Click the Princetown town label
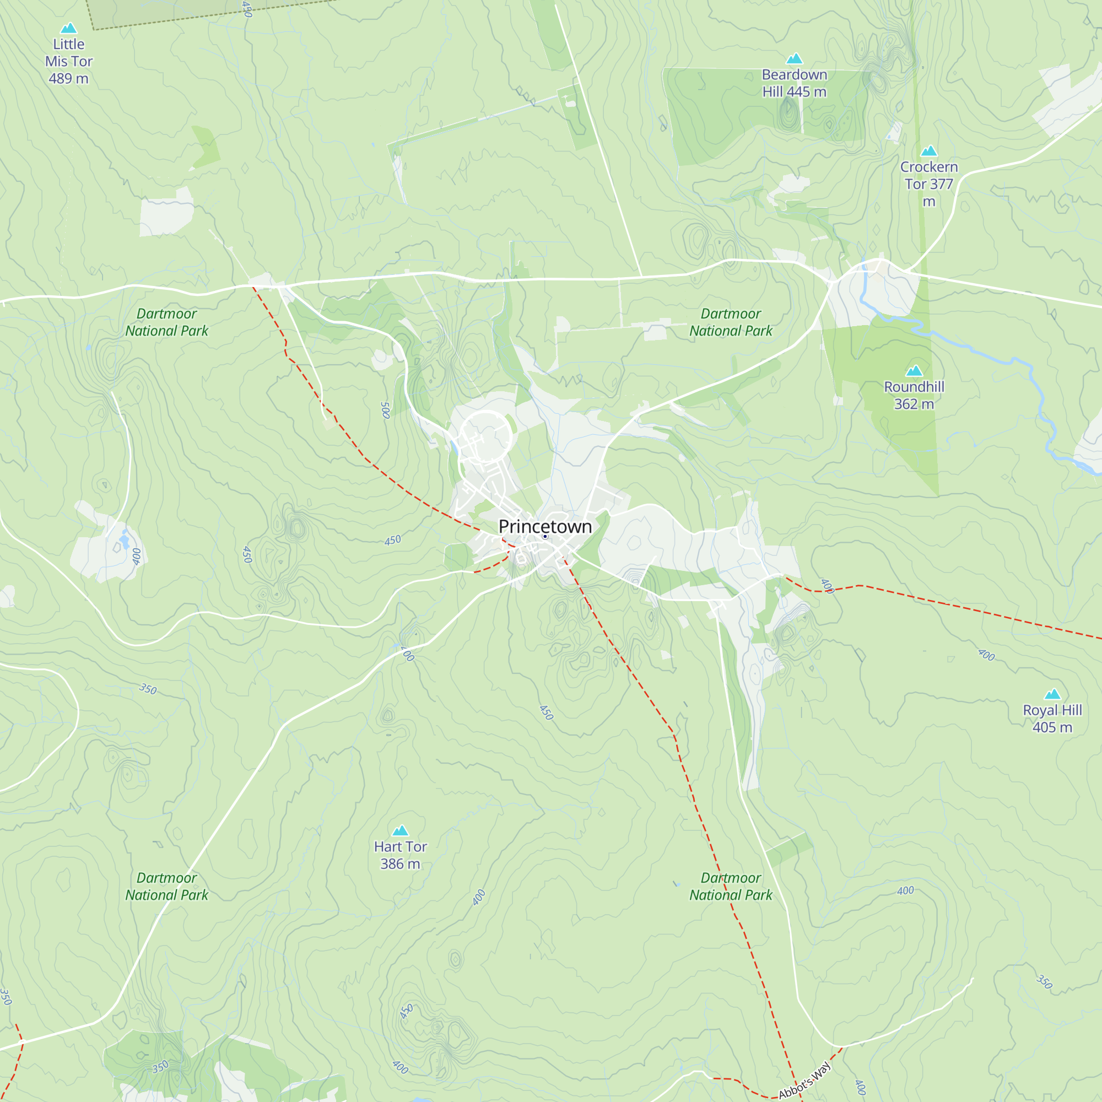click(x=545, y=526)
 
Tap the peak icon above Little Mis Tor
click(x=68, y=28)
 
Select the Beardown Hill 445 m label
click(x=794, y=83)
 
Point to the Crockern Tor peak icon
click(x=928, y=151)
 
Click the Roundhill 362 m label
click(x=914, y=395)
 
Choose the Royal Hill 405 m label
click(x=1052, y=719)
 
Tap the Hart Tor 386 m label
click(x=400, y=855)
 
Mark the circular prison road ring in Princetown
click(x=485, y=436)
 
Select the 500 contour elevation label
click(x=386, y=410)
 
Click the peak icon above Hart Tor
click(x=401, y=830)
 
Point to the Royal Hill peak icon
click(x=1052, y=694)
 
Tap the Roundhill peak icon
click(x=914, y=371)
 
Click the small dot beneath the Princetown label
click(x=545, y=537)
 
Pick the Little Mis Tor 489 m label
click(x=68, y=61)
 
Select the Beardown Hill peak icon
click(x=794, y=59)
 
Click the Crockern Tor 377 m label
click(x=928, y=183)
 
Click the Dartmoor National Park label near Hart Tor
click(x=166, y=887)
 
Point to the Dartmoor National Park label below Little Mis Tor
click(x=166, y=322)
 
